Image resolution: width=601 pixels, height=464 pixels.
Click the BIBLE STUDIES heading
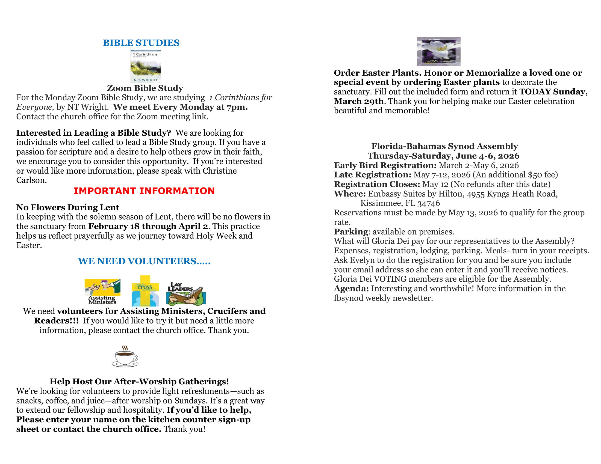141,43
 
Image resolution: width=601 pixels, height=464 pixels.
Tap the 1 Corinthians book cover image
146,66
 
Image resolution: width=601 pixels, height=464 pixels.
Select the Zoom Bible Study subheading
145,88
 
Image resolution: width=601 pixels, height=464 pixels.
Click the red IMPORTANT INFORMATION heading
144,191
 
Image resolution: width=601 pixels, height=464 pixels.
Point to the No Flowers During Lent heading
67,207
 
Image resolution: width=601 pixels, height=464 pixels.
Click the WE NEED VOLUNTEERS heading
144,261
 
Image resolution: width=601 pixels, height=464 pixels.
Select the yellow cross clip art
145,291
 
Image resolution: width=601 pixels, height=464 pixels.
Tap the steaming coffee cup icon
125,356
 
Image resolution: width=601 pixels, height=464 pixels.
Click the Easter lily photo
438,52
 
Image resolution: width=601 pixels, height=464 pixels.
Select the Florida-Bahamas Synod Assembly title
444,146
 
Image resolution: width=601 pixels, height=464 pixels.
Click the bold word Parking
351,232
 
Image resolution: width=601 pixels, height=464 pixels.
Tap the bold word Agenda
351,288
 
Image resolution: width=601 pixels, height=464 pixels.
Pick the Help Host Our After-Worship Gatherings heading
139,382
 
